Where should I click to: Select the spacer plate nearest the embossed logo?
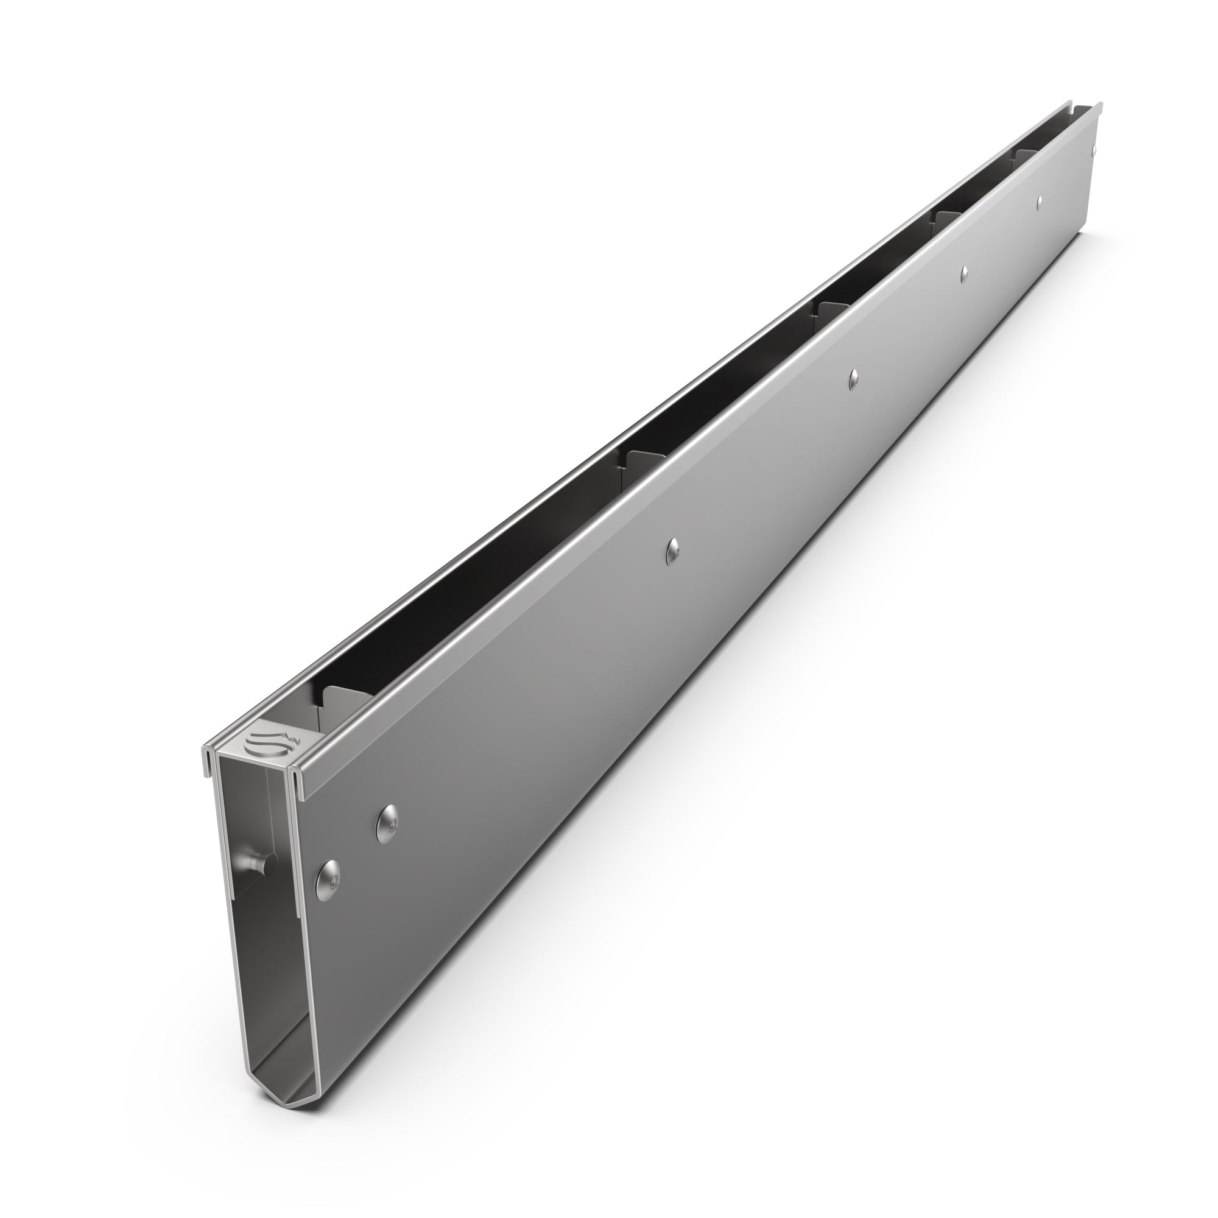coord(343,702)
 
